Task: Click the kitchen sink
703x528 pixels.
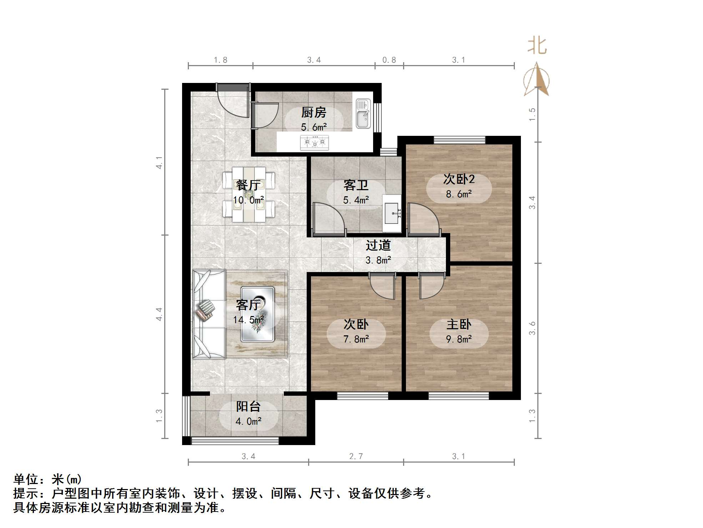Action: (363, 114)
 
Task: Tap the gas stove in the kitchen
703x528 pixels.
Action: (315, 142)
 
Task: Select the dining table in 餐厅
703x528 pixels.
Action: (249, 194)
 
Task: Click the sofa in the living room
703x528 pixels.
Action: (209, 314)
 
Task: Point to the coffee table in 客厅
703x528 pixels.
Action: (257, 314)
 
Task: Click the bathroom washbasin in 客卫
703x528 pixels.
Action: (392, 213)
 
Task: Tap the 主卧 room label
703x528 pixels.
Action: (459, 325)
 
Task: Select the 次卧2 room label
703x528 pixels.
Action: (459, 179)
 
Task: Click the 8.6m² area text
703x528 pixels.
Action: (459, 194)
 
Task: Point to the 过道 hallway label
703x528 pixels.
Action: (378, 246)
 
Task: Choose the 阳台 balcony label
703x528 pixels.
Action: (248, 406)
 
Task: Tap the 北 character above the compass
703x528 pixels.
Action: (537, 46)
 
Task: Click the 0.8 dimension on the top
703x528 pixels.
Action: (389, 60)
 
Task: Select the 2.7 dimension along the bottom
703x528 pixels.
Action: (356, 457)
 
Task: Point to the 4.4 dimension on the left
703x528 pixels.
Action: (159, 314)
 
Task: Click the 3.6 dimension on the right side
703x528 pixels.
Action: (532, 328)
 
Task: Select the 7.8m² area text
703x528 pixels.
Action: (356, 339)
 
